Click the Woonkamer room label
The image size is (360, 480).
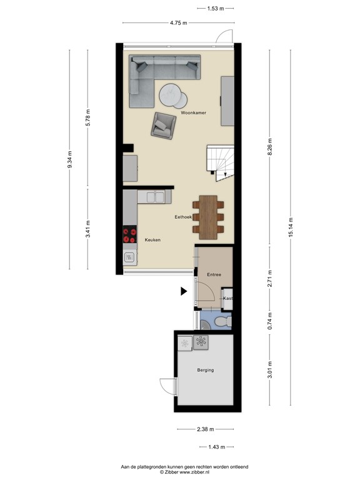coord(193,113)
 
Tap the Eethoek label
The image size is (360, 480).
coord(182,217)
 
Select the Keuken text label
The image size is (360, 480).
coord(152,239)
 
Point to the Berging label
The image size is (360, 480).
coord(205,370)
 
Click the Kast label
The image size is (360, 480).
coord(228,299)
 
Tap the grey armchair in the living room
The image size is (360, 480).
coord(164,125)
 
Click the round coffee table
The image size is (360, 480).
coord(172,96)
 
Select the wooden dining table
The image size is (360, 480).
coord(208,217)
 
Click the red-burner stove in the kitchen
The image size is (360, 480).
coord(130,235)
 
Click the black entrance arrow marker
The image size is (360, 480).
coord(184,291)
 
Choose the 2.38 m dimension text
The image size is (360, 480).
coord(205,429)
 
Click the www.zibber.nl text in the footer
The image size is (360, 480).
coord(196,472)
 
